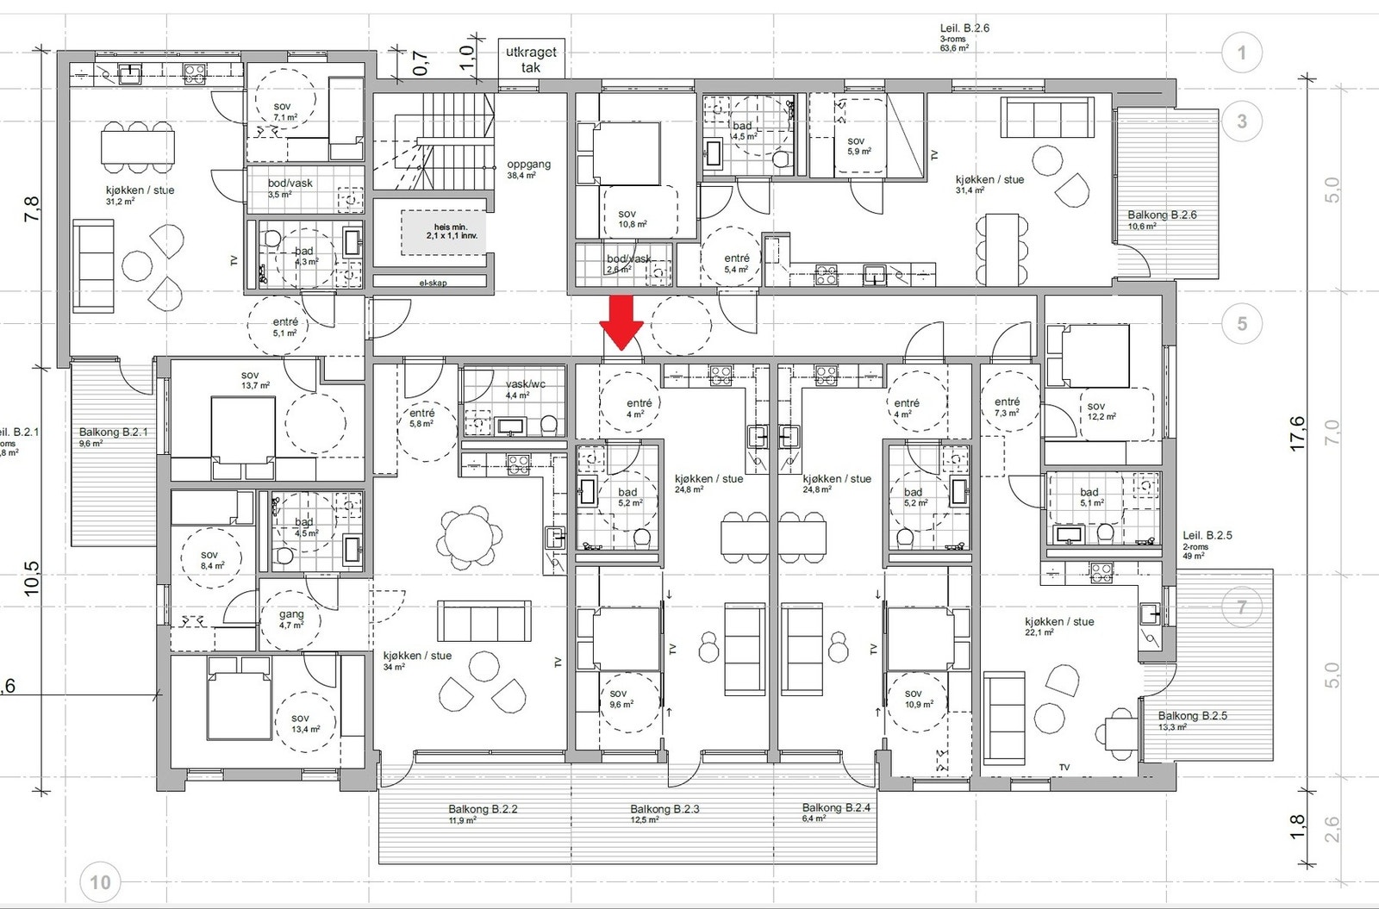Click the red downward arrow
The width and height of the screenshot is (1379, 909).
[x=621, y=321]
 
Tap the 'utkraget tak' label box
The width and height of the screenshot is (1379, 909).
[x=531, y=59]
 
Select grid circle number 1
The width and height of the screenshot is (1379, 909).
[x=1241, y=53]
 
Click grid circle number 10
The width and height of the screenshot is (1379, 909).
[x=100, y=882]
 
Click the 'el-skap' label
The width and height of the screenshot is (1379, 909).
[x=434, y=282]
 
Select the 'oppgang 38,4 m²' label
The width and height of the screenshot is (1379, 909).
[x=528, y=169]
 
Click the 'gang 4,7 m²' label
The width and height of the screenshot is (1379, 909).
[x=291, y=619]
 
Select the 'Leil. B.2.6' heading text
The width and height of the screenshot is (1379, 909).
[x=964, y=28]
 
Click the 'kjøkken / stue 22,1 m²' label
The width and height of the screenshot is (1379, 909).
[x=1058, y=626]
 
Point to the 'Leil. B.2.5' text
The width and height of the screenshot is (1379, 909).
[x=1207, y=535]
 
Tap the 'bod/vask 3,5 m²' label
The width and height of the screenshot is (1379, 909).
[x=290, y=188]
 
